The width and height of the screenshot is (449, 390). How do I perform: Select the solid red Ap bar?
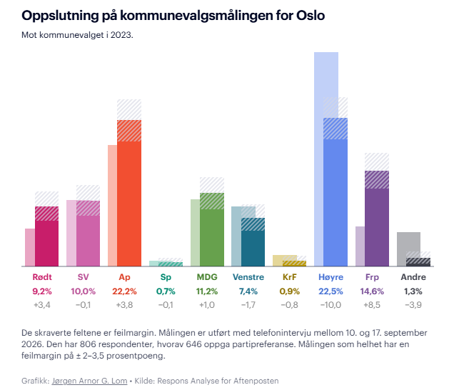(129, 193)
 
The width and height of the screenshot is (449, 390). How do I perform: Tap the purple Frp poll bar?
(377, 219)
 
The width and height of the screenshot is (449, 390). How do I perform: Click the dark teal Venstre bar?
(253, 242)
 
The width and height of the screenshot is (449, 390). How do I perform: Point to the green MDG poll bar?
(212, 229)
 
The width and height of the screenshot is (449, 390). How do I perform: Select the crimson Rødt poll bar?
(46, 236)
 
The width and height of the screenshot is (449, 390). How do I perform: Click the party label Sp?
(166, 277)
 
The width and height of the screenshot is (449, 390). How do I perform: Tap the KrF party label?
(290, 277)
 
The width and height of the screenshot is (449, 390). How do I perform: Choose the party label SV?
(84, 277)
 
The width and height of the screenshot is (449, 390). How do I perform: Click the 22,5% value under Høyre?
(331, 291)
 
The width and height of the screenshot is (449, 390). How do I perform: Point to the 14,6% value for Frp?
(372, 291)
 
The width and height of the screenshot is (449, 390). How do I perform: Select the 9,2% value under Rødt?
(42, 291)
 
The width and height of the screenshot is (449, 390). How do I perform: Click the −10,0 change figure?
(331, 304)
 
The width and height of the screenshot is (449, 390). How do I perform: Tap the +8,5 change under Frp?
(372, 304)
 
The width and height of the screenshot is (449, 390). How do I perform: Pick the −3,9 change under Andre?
(413, 304)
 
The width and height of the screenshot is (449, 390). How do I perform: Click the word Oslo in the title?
(311, 16)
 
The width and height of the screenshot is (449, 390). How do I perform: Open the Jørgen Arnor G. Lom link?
(89, 381)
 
